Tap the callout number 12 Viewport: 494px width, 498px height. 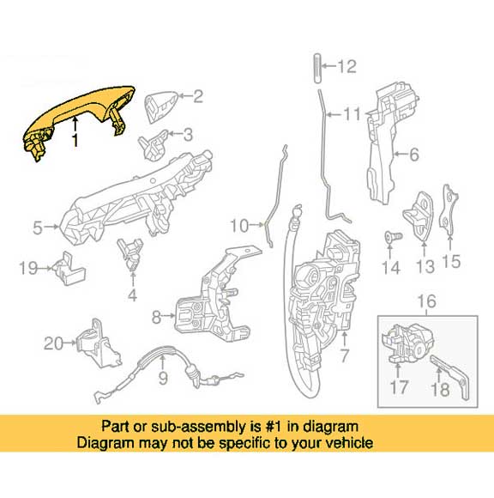tap(346, 67)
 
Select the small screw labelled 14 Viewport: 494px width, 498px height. tap(393, 237)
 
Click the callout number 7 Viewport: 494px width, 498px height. tap(344, 355)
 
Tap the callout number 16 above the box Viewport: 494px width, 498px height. tap(427, 301)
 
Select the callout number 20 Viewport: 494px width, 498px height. tap(53, 343)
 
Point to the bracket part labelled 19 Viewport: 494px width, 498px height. tap(69, 269)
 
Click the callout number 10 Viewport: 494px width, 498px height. tap(239, 226)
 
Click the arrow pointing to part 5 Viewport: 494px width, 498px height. tap(51, 227)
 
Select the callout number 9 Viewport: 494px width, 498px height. tap(163, 378)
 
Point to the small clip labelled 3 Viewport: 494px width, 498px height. tap(153, 144)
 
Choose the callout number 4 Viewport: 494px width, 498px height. tap(133, 295)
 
